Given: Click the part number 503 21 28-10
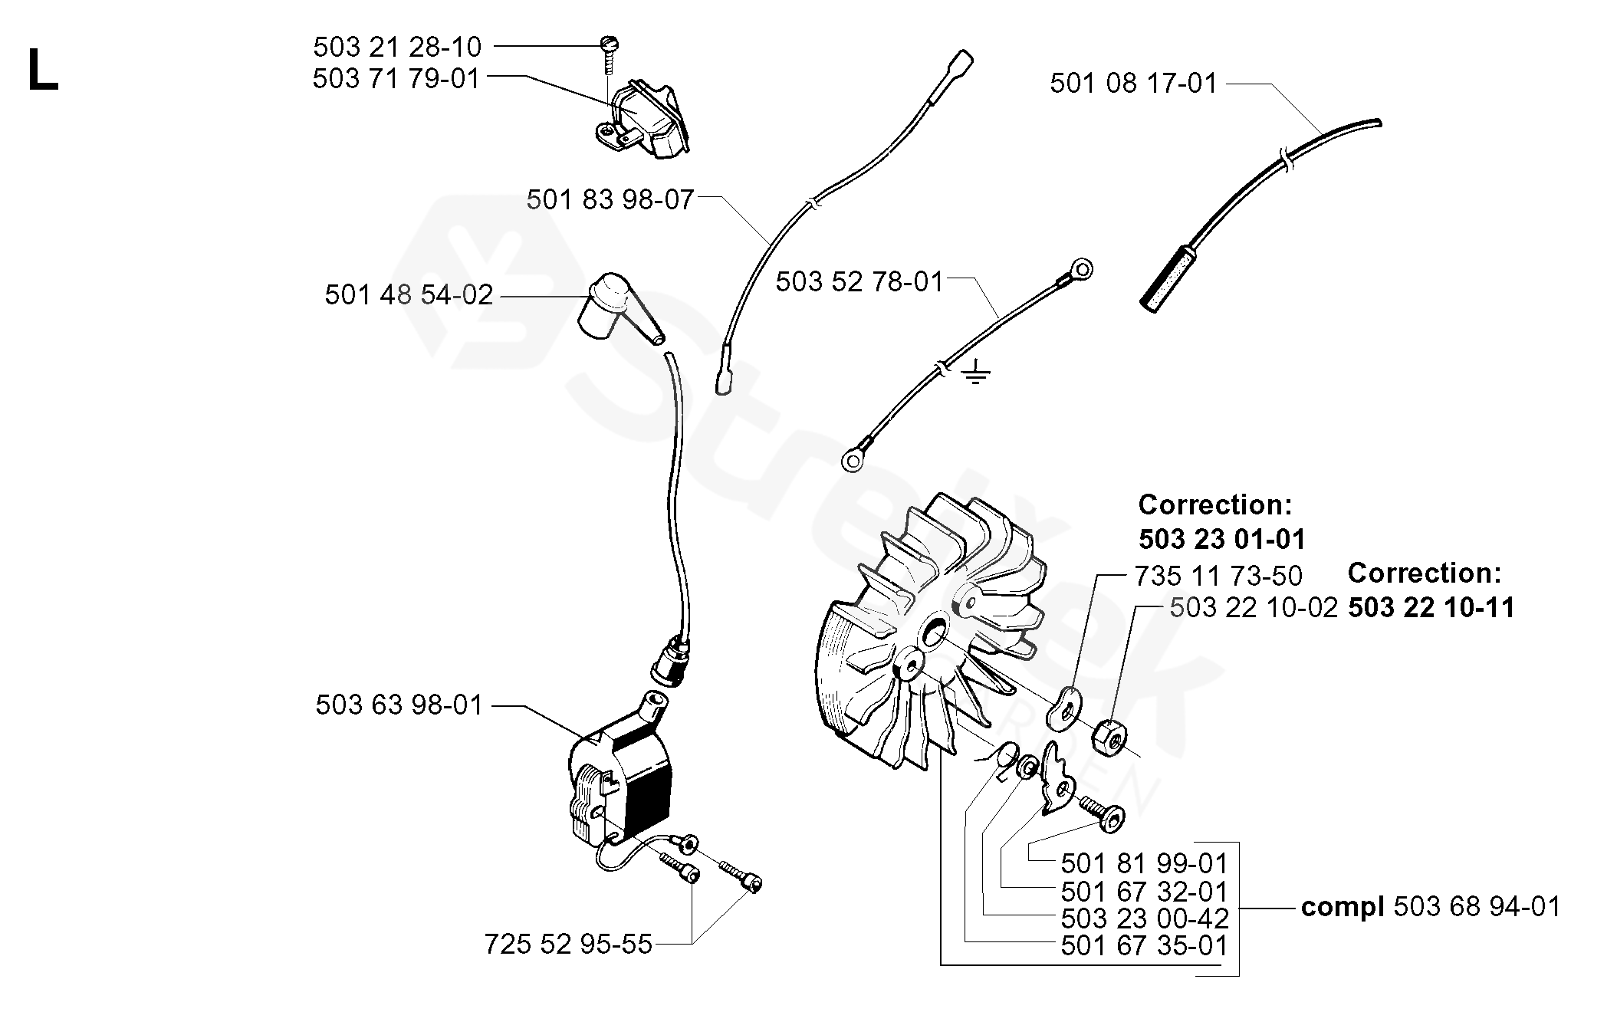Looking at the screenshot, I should (397, 48).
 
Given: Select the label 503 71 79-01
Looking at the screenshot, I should (396, 79).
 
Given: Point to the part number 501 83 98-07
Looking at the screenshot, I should (610, 200).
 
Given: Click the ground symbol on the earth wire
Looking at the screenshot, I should (974, 373).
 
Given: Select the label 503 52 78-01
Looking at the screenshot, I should (859, 281).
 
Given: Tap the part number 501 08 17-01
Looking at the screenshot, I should (1134, 83).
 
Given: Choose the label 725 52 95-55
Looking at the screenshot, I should (568, 944).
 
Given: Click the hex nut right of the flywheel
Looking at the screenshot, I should (1109, 735).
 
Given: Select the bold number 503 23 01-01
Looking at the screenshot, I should (1221, 539).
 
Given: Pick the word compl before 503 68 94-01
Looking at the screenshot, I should (1343, 907).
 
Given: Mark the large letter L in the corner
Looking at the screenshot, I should (43, 71).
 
